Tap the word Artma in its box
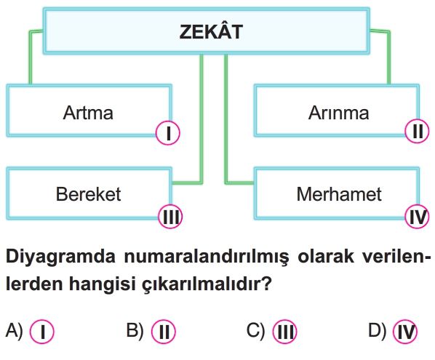pyautogui.click(x=88, y=113)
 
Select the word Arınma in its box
pyautogui.click(x=338, y=113)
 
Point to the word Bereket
pyautogui.click(x=88, y=194)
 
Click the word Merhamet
pyautogui.click(x=339, y=194)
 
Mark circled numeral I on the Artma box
pyautogui.click(x=168, y=133)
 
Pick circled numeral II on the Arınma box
pyautogui.click(x=418, y=131)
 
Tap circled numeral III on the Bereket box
pyautogui.click(x=171, y=216)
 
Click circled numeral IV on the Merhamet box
pyautogui.click(x=418, y=216)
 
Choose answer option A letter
pyautogui.click(x=14, y=330)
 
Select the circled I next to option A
pyautogui.click(x=42, y=332)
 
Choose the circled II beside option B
pyautogui.click(x=164, y=332)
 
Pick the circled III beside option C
pyautogui.click(x=284, y=332)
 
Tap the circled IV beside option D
pyautogui.click(x=405, y=332)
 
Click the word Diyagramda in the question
pyautogui.click(x=60, y=257)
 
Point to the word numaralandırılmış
pyautogui.click(x=207, y=257)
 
